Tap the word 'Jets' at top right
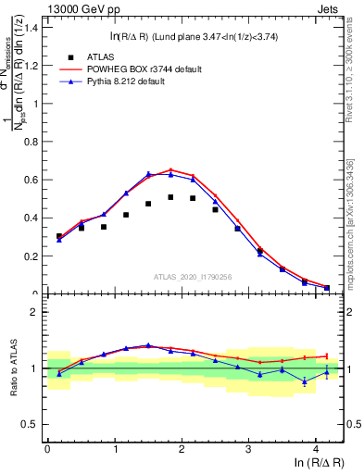pyautogui.click(x=329, y=10)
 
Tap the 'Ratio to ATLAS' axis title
pyautogui.click(x=13, y=368)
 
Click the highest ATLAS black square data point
pyautogui.click(x=170, y=197)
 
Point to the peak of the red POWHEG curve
pyautogui.click(x=170, y=169)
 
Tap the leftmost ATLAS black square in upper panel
pyautogui.click(x=59, y=236)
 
